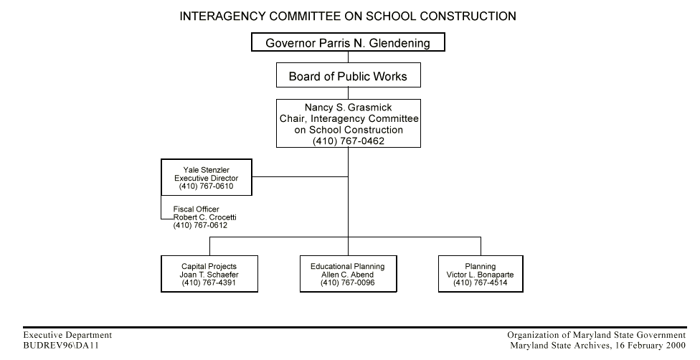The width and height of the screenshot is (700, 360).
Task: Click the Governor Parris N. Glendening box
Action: [x=348, y=43]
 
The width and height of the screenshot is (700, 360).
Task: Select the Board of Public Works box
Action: [x=348, y=76]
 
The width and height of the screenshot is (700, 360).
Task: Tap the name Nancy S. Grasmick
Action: [x=348, y=108]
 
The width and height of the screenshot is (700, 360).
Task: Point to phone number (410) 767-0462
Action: [x=348, y=141]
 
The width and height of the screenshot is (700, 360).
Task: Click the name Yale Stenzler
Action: [x=207, y=169]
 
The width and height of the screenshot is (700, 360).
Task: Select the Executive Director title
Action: [x=207, y=178]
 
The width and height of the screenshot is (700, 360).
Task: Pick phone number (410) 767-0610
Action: [x=207, y=186]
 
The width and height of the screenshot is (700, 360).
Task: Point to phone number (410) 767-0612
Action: [x=200, y=225]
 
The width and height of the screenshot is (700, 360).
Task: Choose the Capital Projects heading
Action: [x=209, y=266]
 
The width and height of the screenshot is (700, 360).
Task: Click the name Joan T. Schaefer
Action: [x=209, y=275]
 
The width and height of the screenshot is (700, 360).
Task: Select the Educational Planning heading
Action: [x=348, y=266]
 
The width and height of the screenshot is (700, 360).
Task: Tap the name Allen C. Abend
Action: [x=348, y=275]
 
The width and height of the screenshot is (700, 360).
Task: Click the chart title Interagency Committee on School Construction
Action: [x=348, y=16]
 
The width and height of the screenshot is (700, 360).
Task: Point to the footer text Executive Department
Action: [x=67, y=335]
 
